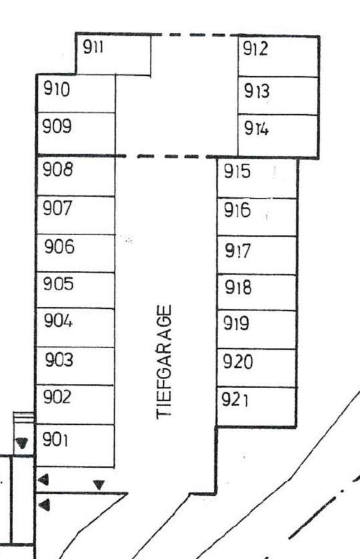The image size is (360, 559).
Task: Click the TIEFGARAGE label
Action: coord(164,362)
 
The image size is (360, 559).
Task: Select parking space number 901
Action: coord(55,439)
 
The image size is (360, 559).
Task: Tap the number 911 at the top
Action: coord(93,47)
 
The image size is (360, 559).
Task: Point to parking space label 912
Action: coord(255,48)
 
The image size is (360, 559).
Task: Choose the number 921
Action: coord(235,399)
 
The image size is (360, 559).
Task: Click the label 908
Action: coord(58,170)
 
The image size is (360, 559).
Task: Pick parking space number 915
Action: coord(237,171)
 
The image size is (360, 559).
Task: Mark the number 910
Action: coord(56,89)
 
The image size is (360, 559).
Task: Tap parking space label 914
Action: coord(256,129)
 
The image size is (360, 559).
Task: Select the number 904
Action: coord(58,320)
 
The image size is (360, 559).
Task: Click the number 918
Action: coord(238,288)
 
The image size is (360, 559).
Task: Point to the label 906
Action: coord(60,247)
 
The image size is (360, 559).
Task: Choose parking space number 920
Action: coord(238,361)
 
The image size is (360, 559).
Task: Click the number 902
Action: coord(57,397)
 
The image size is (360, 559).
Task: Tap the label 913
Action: coord(256,91)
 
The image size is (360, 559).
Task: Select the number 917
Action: coord(238,251)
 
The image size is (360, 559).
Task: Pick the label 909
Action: coord(57,126)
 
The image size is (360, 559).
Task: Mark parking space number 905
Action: coord(58,284)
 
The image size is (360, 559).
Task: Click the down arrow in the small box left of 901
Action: coord(22,443)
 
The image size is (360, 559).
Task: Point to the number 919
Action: coord(236,324)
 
